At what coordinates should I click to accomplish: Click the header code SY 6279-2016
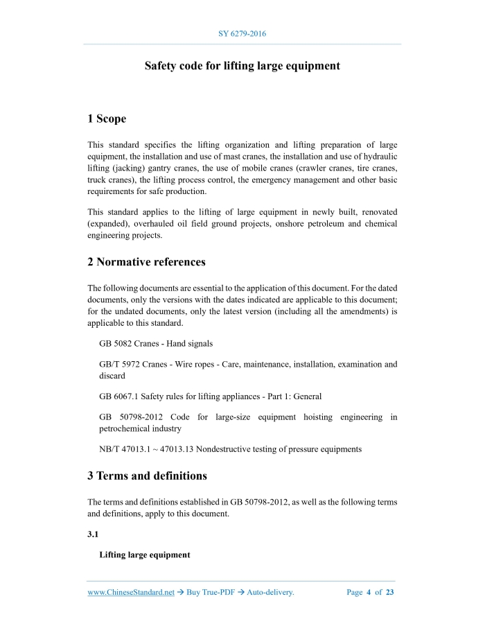click(x=242, y=33)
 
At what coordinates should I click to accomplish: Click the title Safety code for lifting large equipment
click(x=242, y=66)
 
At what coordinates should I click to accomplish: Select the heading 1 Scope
click(x=107, y=119)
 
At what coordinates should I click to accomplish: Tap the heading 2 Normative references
click(x=146, y=262)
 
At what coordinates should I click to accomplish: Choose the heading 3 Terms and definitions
click(x=147, y=476)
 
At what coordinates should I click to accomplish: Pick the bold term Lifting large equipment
click(x=145, y=555)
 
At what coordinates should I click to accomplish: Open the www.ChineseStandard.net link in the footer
click(x=131, y=592)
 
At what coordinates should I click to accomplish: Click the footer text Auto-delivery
click(x=271, y=592)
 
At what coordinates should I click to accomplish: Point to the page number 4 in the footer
click(x=369, y=592)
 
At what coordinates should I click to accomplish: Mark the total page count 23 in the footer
click(x=390, y=592)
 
